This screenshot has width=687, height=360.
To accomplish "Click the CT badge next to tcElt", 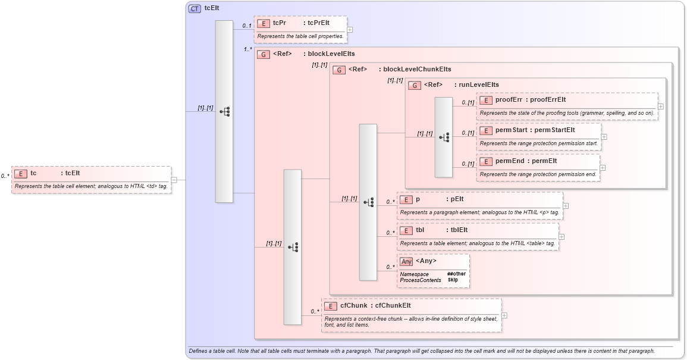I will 195,8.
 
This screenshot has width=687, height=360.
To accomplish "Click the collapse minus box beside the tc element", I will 174,180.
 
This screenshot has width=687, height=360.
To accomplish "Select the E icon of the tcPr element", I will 263,23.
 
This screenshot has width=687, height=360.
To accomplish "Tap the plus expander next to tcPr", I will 350,29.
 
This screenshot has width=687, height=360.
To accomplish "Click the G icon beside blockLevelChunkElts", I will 339,70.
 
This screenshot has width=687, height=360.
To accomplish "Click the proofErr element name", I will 509,100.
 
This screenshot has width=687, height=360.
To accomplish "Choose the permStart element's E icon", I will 486,130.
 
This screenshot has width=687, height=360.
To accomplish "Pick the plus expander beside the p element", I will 566,206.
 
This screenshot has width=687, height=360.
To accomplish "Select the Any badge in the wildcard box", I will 406,261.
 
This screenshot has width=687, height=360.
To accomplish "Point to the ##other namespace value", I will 457,274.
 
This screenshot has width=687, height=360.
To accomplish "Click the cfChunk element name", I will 353,306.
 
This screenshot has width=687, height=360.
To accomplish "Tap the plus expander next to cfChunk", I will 504,315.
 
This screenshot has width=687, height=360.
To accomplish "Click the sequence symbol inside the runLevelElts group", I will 444,137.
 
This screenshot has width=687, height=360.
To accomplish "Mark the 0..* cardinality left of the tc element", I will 5,176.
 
